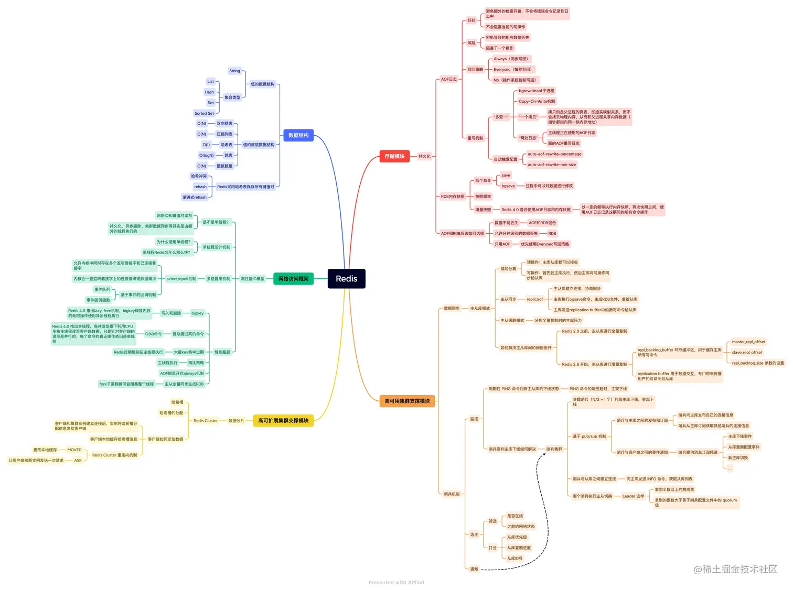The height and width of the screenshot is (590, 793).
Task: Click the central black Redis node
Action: (x=346, y=279)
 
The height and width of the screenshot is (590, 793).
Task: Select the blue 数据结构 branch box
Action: (x=298, y=135)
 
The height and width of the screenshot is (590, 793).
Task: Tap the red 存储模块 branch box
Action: (x=394, y=156)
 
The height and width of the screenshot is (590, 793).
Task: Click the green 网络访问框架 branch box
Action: (x=293, y=279)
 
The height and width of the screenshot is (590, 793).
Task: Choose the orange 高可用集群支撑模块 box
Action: (x=407, y=401)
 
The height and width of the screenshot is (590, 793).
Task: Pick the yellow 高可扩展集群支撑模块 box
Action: (x=283, y=420)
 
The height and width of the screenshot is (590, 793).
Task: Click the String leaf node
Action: (x=234, y=71)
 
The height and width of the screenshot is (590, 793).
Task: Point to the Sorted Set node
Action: (x=204, y=113)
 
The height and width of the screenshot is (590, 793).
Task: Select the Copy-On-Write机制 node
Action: (x=537, y=101)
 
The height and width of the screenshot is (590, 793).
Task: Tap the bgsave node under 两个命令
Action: (x=508, y=186)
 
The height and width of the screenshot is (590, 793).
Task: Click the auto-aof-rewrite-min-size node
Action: (x=552, y=165)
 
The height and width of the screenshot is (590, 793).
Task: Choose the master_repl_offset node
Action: (x=748, y=342)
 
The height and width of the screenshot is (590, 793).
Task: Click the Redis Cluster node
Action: (x=206, y=421)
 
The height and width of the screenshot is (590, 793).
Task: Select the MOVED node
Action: (x=74, y=450)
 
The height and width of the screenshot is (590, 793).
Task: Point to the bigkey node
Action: (x=197, y=313)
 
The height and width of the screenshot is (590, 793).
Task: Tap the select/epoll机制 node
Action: (x=181, y=279)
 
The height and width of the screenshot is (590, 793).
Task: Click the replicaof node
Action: (x=534, y=299)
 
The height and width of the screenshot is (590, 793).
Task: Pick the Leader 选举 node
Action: (x=633, y=496)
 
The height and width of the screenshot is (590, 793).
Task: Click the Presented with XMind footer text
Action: (x=396, y=582)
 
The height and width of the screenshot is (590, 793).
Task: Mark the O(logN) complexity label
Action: (x=206, y=155)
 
